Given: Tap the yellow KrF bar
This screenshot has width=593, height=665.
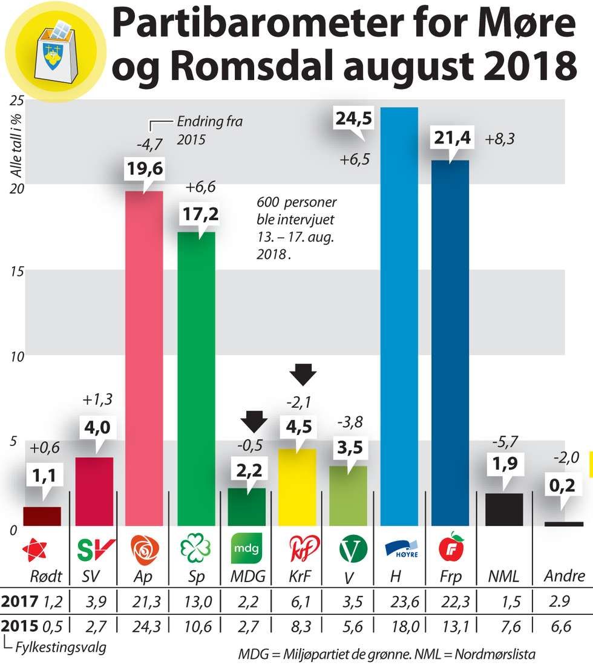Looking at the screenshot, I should [x=296, y=486].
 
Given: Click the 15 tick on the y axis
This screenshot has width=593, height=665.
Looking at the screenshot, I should [x=18, y=271].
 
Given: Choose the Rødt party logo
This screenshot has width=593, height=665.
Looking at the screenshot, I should [x=34, y=550].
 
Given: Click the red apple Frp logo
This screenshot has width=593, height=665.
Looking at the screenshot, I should [x=450, y=548].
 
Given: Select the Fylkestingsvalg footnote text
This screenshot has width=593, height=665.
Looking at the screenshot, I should [x=60, y=648].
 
